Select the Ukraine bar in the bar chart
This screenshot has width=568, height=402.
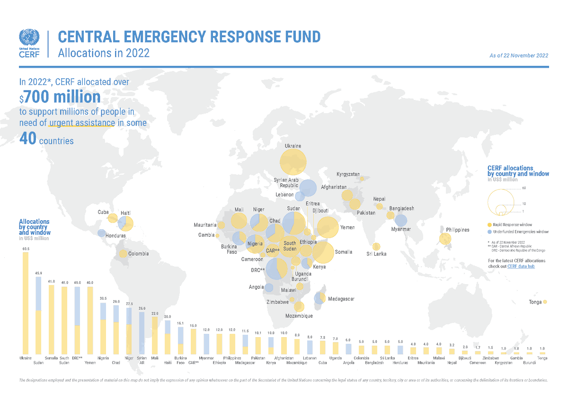[26, 303]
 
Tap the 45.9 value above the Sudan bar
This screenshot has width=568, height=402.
[39, 273]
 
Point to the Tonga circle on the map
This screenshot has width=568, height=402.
[545, 302]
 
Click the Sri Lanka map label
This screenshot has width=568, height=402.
[376, 254]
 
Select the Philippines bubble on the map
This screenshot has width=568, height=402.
[445, 239]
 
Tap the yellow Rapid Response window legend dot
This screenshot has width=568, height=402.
[489, 224]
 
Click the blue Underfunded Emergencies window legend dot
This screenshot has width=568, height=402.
[489, 232]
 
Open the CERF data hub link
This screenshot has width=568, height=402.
[521, 267]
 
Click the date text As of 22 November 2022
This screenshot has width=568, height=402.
[519, 55]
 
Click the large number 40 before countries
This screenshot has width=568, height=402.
[27, 139]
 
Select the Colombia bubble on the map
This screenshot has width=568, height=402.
[123, 254]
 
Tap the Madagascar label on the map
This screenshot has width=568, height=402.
[341, 299]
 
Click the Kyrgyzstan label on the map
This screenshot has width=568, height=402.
[348, 175]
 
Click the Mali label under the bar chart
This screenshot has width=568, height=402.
[154, 358]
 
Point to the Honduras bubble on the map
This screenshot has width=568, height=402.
[101, 232]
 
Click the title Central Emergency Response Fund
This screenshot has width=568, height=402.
[189, 36]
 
